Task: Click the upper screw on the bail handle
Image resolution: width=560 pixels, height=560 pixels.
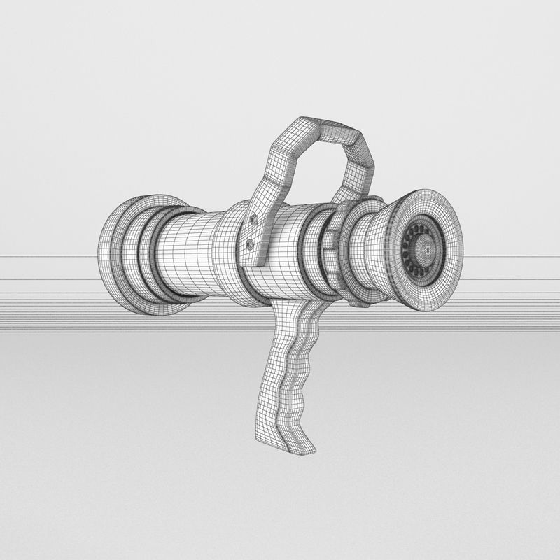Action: tap(252, 221)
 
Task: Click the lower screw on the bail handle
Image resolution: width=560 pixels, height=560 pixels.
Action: tap(250, 244)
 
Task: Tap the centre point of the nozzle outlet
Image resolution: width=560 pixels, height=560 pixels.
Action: tap(425, 246)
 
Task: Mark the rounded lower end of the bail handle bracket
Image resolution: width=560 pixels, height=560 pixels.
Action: tap(259, 262)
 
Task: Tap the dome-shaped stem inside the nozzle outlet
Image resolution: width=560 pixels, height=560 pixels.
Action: tap(425, 246)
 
